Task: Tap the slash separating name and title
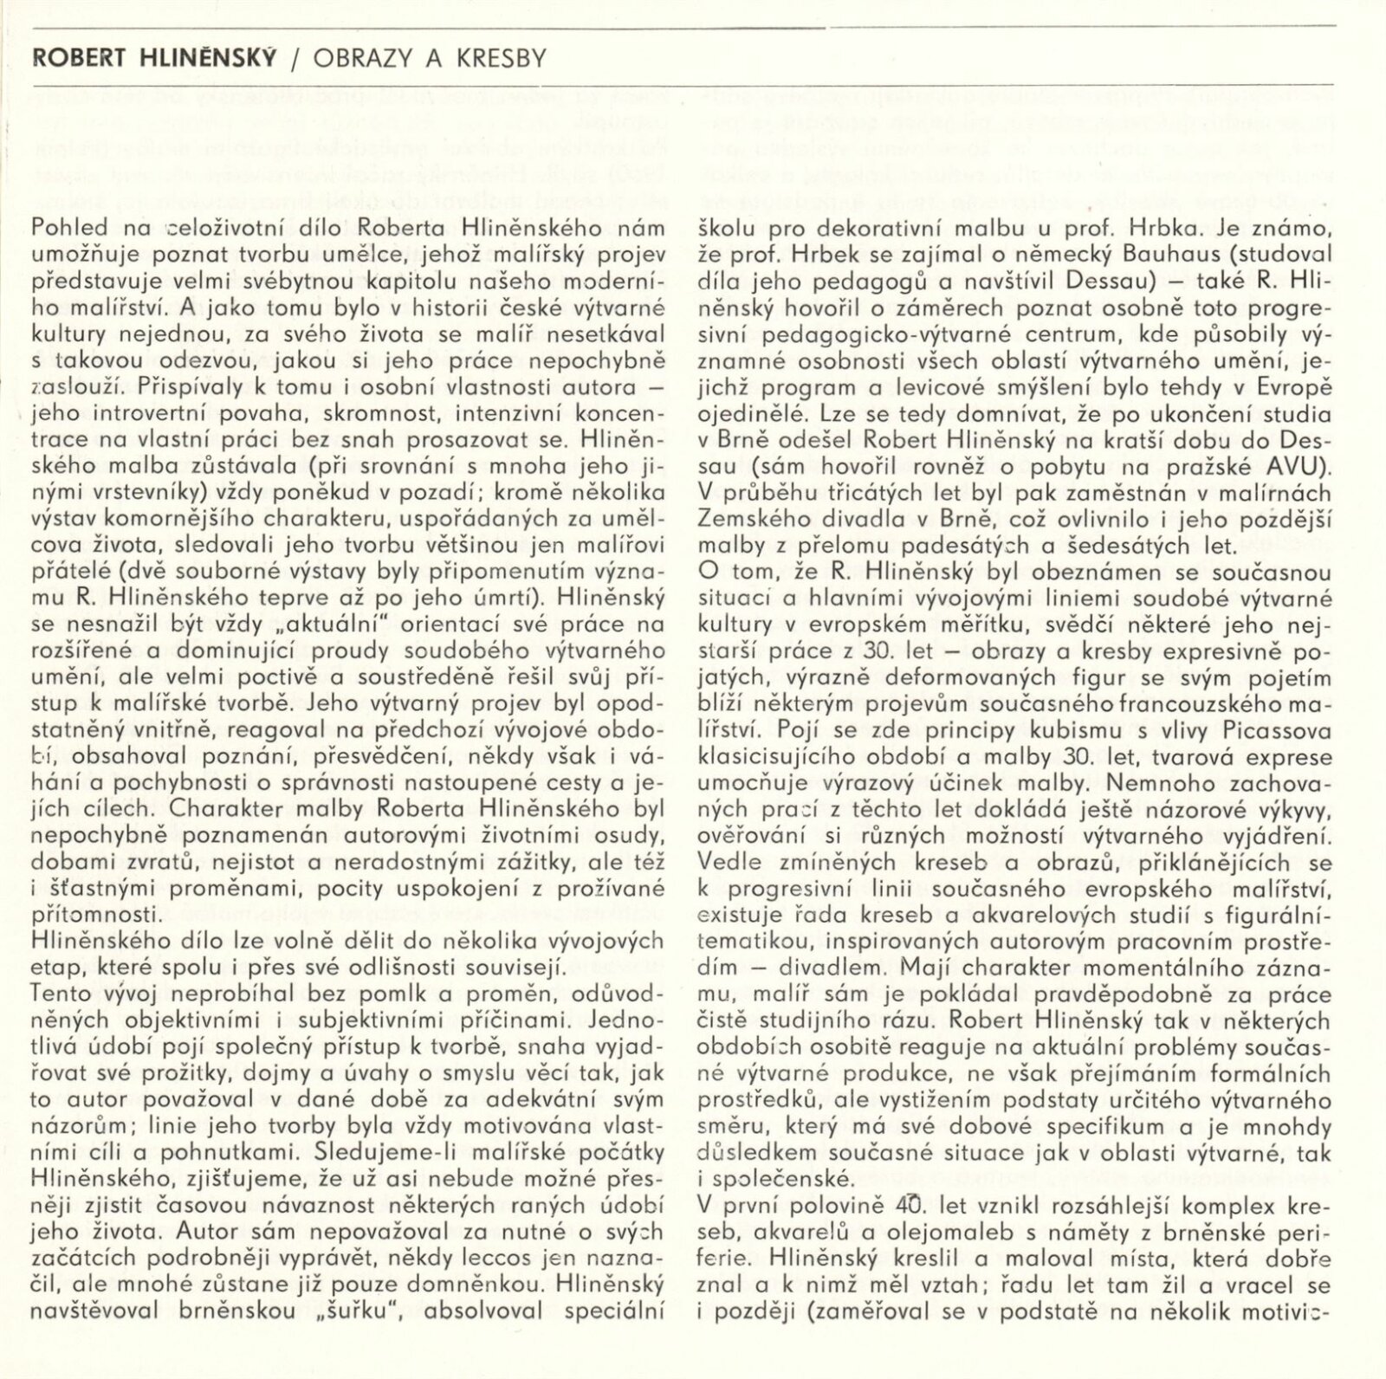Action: (x=295, y=59)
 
